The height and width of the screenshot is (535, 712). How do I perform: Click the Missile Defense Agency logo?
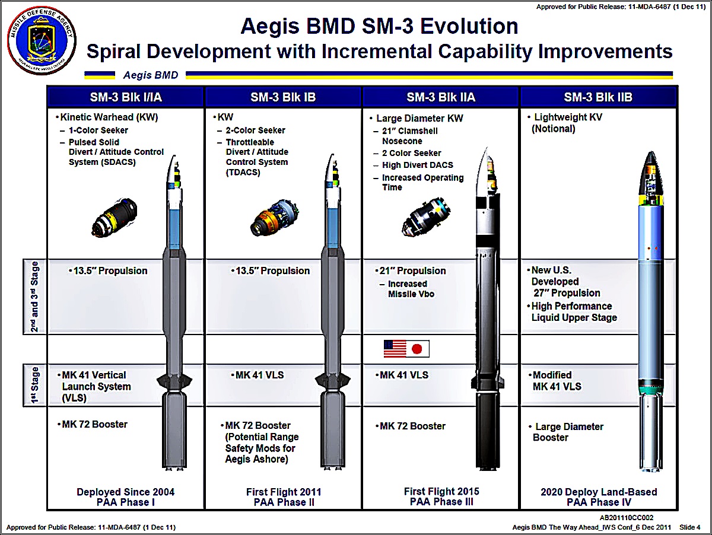[x=40, y=41]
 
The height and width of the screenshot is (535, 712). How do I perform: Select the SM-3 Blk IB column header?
[x=283, y=97]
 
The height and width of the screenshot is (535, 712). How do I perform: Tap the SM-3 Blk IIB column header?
[x=598, y=97]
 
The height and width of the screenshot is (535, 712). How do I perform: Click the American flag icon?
[x=395, y=348]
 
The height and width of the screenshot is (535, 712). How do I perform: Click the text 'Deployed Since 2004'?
[x=125, y=492]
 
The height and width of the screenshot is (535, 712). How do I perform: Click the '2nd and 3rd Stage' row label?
[x=35, y=296]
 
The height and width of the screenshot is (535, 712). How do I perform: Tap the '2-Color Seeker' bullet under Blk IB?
[x=255, y=130]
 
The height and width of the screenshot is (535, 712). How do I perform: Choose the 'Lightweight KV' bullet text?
[x=568, y=117]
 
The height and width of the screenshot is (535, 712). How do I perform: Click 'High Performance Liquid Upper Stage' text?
[x=574, y=312]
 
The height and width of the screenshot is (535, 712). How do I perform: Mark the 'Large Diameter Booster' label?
[x=568, y=432]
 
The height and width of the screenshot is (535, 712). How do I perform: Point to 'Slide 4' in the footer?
[x=690, y=527]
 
